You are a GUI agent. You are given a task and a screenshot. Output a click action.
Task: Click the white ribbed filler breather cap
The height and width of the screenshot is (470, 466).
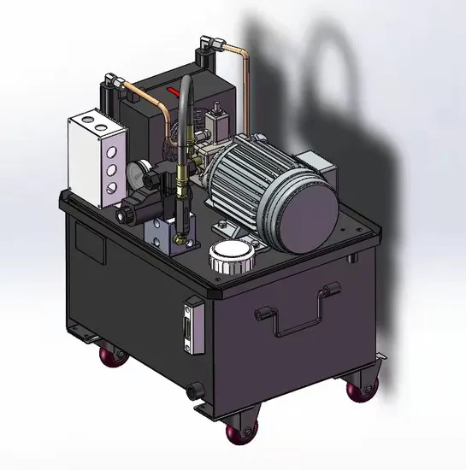click(x=231, y=256)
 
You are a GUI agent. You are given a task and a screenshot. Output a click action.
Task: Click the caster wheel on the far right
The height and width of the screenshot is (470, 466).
click(x=357, y=391)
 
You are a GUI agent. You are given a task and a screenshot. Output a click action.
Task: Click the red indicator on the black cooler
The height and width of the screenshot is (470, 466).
click(x=174, y=89)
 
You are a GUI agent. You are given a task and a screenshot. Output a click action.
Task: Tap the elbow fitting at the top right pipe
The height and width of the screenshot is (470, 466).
click(x=209, y=44)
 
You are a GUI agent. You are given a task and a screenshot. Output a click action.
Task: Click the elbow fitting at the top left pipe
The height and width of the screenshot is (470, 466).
click(x=112, y=83)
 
